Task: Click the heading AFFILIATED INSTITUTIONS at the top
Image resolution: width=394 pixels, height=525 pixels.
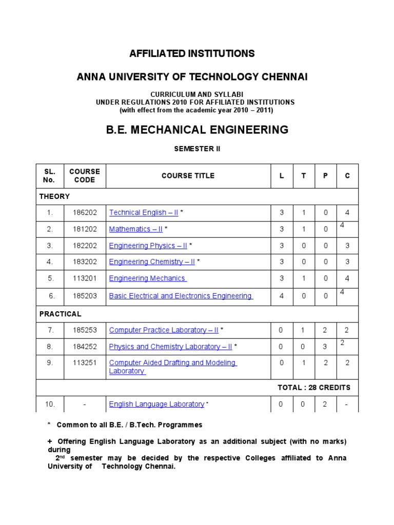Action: coord(192,54)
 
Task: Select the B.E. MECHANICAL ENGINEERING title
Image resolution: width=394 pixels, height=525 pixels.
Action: coord(197,130)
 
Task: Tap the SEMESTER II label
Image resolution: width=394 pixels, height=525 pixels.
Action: coord(198,149)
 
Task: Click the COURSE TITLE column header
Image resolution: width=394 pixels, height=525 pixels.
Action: coord(188,176)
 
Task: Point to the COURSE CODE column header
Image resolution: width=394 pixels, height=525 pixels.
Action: coord(85,176)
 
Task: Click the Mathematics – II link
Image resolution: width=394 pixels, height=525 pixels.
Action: coord(136,229)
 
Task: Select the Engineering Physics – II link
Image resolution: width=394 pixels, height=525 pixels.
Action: coord(148,246)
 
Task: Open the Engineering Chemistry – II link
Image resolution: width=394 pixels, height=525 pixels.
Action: coord(152,262)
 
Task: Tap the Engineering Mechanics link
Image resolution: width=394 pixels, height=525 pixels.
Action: coord(147,278)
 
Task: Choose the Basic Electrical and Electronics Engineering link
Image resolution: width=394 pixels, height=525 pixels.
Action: coord(181,296)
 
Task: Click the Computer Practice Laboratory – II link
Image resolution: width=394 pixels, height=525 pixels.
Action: coord(164,330)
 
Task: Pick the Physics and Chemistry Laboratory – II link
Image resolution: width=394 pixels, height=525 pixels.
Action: coord(170,347)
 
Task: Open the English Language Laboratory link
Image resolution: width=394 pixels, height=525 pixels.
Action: coord(156,404)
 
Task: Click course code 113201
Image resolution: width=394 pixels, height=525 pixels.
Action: coord(85,278)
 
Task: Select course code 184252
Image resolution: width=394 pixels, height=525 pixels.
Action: coord(85,347)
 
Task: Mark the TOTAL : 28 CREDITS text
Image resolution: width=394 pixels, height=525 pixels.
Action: coord(314,388)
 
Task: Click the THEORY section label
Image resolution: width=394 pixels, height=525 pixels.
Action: coord(54,196)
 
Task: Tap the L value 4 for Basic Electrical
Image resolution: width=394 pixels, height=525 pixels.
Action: coord(281,296)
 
